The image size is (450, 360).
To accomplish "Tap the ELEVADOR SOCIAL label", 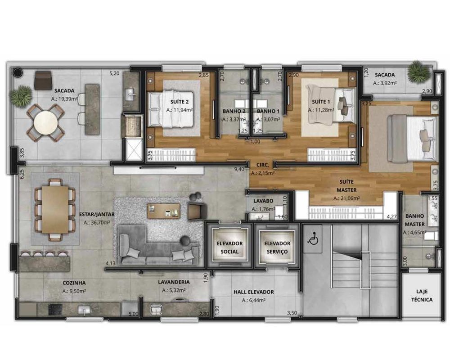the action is pos(229,247).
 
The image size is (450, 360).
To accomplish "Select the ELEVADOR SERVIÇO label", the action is pos(277,247).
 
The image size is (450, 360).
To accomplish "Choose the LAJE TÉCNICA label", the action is pos(422,295).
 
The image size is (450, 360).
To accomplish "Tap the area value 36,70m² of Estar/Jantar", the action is pos(97,222).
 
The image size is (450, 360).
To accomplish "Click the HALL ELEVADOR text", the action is pos(254,292).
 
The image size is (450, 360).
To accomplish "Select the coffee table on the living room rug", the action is pos(164,211).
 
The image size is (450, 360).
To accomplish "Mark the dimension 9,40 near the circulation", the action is pos(239,169).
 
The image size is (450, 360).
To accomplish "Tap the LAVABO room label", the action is pos(263,201).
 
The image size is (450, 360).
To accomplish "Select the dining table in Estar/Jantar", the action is pos(55,210).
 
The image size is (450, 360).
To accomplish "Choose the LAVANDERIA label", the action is pos(174,282).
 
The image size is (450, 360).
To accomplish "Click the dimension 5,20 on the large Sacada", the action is pos(114,73).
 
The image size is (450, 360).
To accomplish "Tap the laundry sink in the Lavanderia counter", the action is pos(157,310).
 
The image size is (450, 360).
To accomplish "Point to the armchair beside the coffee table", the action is pos(197,211).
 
